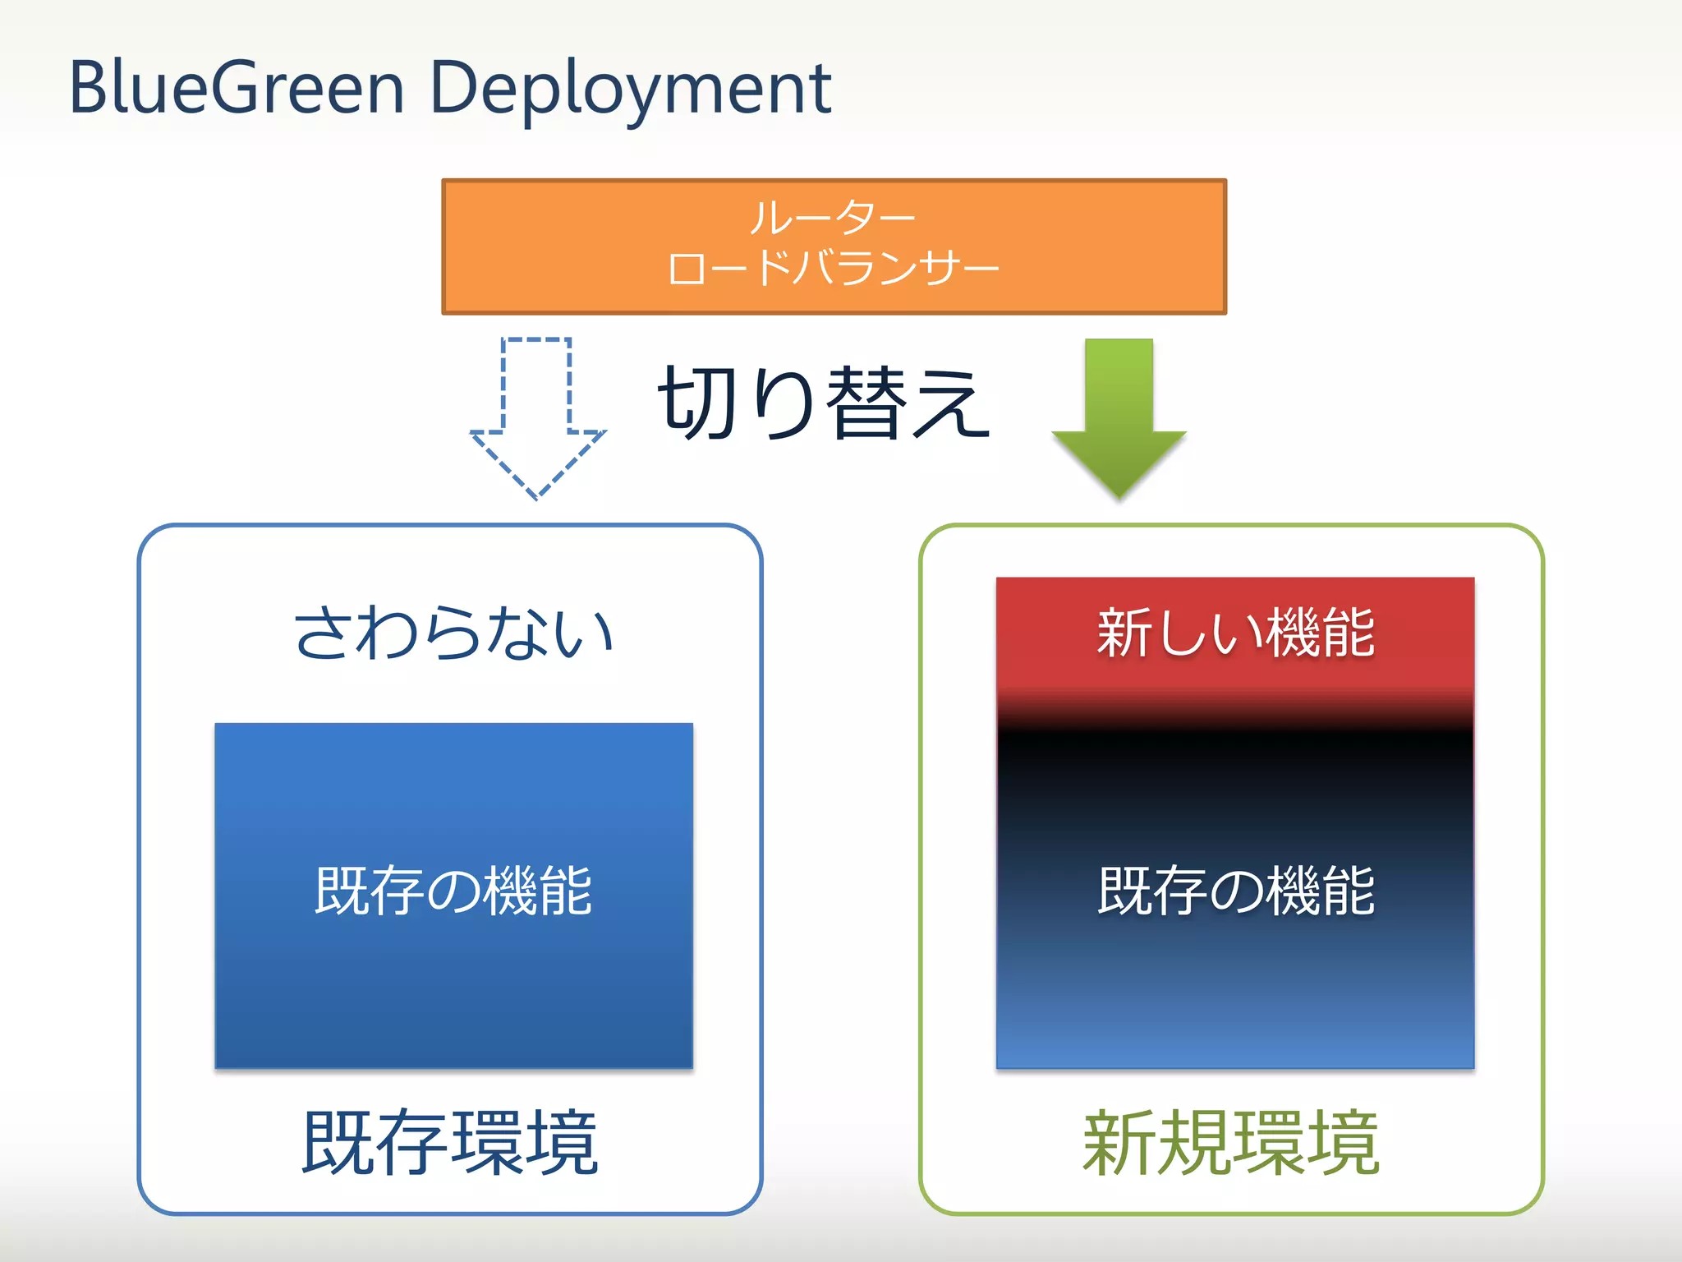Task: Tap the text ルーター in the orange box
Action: tap(832, 218)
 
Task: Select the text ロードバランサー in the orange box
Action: tap(833, 269)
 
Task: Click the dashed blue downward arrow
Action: tap(537, 411)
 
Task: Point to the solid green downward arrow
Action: tap(1119, 411)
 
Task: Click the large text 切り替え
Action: tap(824, 403)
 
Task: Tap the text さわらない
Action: tap(453, 633)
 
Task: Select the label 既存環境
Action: tap(450, 1142)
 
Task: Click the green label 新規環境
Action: tap(1231, 1142)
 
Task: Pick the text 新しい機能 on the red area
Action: tap(1235, 633)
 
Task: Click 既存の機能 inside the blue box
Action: tap(453, 891)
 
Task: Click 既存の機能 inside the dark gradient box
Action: tap(1235, 891)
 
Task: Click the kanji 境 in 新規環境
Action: tap(1343, 1142)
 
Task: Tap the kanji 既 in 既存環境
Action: tap(338, 1142)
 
